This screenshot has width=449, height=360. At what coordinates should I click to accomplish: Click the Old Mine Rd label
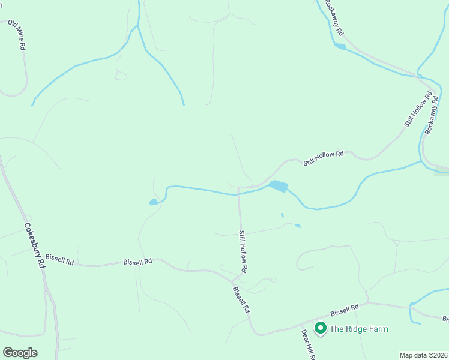tap(17, 35)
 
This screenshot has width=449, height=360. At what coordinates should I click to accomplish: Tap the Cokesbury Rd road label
tap(34, 245)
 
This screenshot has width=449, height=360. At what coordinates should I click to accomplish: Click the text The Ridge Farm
tap(359, 329)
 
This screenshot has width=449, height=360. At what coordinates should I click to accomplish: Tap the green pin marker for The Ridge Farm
tap(320, 328)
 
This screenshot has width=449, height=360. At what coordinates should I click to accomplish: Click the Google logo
tap(20, 353)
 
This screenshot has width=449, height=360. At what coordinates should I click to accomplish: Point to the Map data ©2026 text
tap(423, 355)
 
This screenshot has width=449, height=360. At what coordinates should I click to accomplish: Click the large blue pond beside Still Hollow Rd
tap(278, 187)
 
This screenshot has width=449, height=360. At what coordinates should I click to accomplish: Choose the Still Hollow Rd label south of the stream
tap(244, 251)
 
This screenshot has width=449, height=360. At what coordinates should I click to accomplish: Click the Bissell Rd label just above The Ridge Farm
tap(344, 310)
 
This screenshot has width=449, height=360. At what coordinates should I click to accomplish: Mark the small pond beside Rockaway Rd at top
tap(340, 46)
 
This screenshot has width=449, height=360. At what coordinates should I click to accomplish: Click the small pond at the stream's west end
tap(154, 203)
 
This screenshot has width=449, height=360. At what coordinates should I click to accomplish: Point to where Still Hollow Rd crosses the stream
tap(239, 194)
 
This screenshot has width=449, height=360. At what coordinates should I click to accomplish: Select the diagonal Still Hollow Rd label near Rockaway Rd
tap(418, 109)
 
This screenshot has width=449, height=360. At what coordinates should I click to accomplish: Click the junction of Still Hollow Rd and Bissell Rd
tap(233, 280)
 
